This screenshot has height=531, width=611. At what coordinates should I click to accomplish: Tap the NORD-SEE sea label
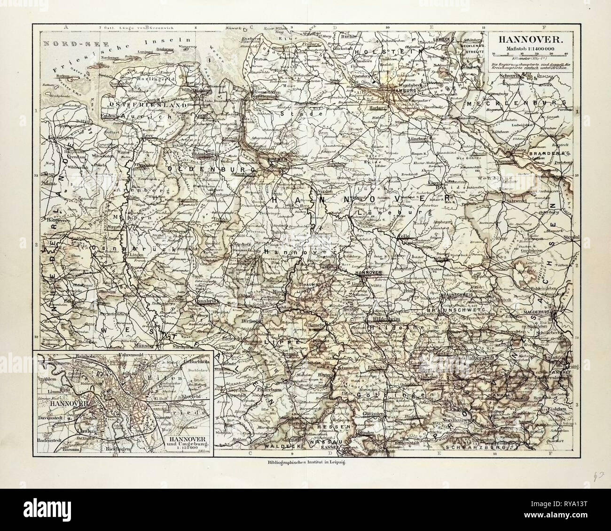click(66, 43)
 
